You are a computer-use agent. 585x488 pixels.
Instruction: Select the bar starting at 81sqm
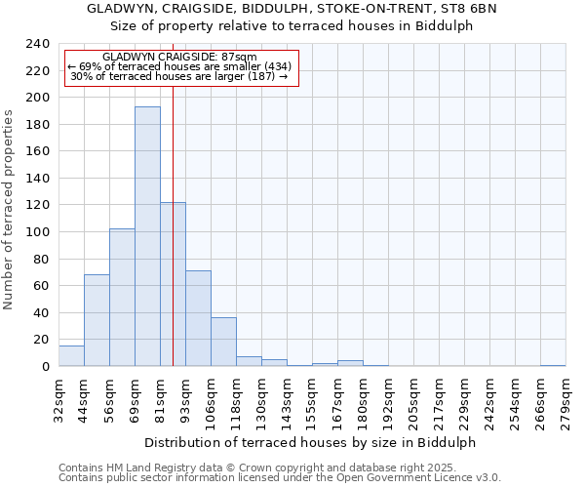(x=173, y=284)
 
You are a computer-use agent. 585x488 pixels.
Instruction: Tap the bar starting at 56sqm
(x=122, y=298)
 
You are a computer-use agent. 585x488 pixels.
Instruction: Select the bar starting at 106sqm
(x=223, y=342)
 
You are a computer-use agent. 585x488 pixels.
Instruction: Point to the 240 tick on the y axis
(x=38, y=44)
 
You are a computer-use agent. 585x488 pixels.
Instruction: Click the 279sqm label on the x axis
(x=565, y=399)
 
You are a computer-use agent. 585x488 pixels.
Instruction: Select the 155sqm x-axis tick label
(x=312, y=399)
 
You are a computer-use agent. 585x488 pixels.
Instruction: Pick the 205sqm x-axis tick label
(x=413, y=399)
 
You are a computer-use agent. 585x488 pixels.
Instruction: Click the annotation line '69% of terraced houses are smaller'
(x=179, y=66)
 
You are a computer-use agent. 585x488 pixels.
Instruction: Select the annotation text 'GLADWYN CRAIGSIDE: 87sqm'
(x=179, y=58)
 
